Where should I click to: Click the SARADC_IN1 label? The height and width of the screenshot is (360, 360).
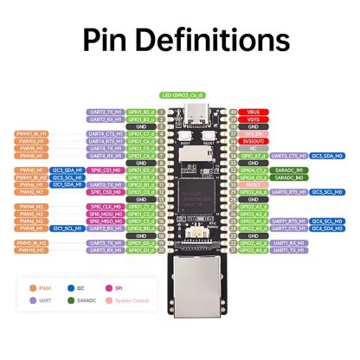(287, 177)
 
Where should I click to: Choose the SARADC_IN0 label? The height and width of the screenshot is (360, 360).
(287, 170)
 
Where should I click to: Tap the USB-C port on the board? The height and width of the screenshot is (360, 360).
(193, 113)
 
